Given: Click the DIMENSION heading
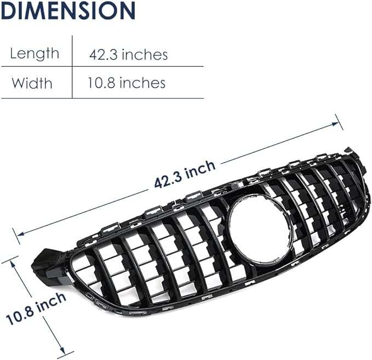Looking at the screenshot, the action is point(68,11).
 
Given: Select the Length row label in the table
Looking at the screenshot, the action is point(35,54).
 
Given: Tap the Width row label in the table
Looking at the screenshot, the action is point(32,83).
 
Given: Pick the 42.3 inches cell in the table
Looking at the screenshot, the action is point(128,54).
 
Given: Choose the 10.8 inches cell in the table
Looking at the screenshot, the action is point(127,83).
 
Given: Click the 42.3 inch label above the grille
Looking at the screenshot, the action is point(185,174).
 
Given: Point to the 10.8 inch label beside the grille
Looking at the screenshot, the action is point(36,308).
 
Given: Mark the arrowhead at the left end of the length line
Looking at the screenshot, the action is point(21,234).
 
